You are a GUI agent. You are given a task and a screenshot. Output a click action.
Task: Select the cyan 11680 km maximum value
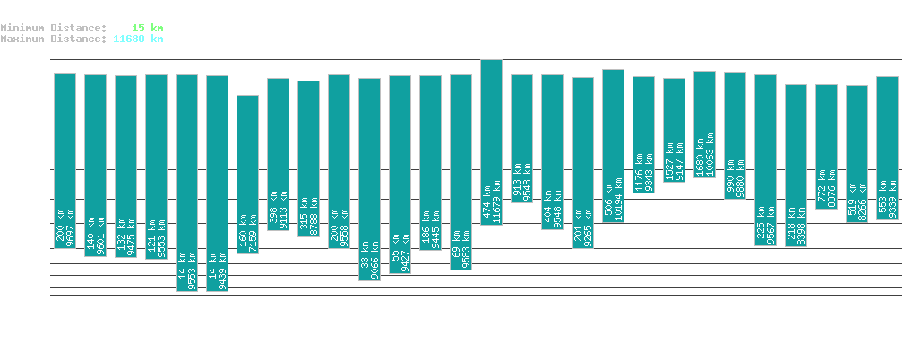click(138, 39)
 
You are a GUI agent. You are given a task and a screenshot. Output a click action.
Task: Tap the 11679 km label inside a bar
click(497, 203)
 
